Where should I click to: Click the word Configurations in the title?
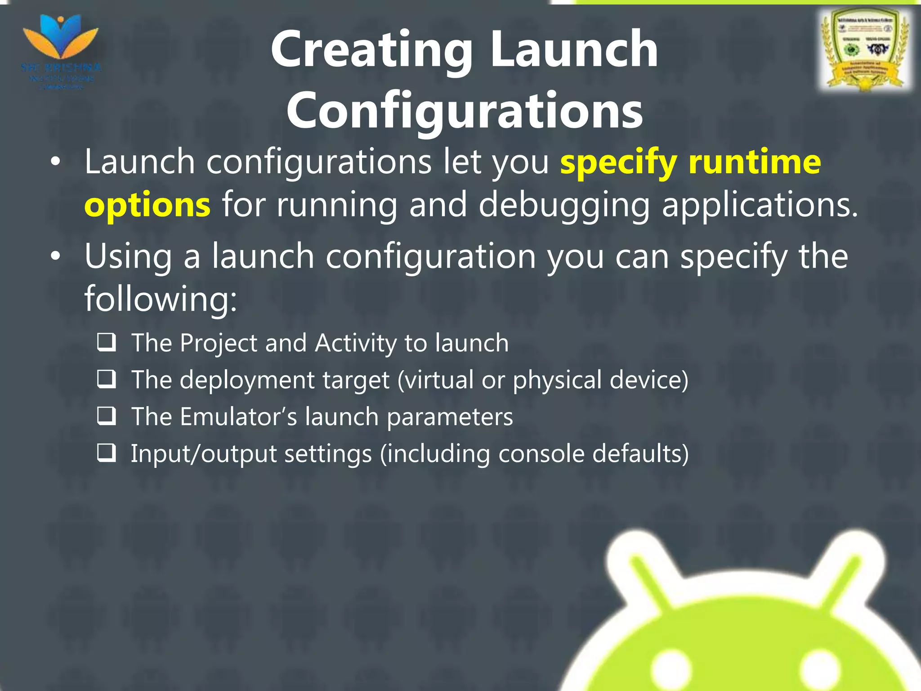click(x=465, y=111)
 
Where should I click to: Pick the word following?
click(x=161, y=299)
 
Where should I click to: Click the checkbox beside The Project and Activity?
click(x=107, y=343)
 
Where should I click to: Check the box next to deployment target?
click(x=107, y=380)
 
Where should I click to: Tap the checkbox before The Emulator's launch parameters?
click(x=107, y=417)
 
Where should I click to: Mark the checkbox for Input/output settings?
click(x=107, y=453)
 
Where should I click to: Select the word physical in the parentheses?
click(x=557, y=380)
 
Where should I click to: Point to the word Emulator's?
click(x=238, y=417)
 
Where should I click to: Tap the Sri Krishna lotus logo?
click(x=61, y=43)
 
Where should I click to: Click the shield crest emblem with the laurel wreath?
click(x=865, y=49)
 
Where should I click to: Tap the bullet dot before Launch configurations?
click(x=55, y=163)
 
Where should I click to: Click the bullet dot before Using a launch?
click(x=55, y=257)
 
